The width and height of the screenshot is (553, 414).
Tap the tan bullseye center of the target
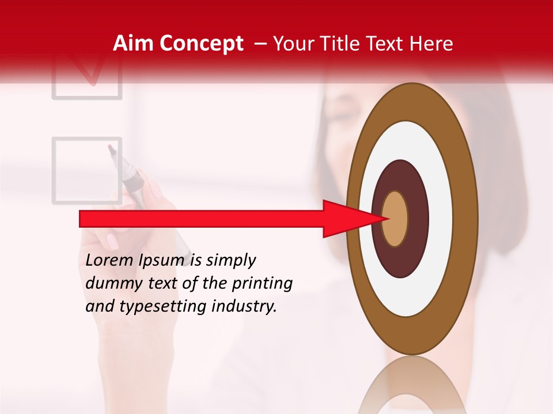click(x=395, y=218)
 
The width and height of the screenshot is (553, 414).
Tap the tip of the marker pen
click(x=111, y=149)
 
